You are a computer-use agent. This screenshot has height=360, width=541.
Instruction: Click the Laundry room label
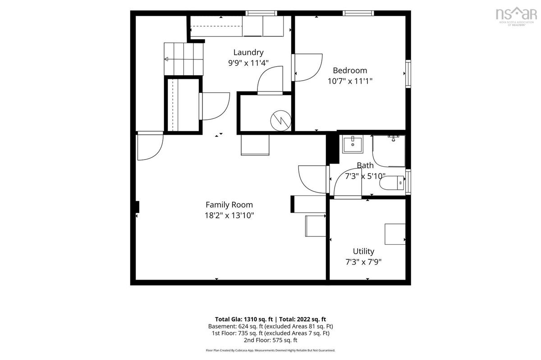pos(248,52)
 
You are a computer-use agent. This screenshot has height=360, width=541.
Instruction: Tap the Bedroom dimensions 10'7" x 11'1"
pos(350,81)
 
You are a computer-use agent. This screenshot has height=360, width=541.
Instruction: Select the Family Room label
pos(229,205)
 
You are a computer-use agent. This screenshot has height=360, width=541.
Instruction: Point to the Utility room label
pos(363,251)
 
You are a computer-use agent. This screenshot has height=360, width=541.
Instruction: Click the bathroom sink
pos(353,144)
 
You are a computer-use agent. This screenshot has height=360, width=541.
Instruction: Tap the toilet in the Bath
pos(392,183)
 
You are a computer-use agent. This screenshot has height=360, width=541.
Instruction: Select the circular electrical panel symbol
pos(280,120)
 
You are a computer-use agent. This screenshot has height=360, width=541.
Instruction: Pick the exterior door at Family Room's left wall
pos(150,146)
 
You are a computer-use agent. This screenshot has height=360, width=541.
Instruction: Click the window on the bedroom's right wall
pos(408,74)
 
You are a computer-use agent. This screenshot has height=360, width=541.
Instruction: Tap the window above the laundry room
pos(261,13)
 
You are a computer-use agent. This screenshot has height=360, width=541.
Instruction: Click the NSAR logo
pos(516,16)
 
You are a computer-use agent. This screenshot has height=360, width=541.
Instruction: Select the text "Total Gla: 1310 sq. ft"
pos(244,319)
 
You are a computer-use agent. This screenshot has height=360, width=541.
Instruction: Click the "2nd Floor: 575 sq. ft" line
pos(270,340)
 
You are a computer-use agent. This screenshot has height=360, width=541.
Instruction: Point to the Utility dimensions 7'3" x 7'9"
pos(363,262)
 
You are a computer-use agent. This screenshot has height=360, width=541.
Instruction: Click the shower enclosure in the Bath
pos(389,151)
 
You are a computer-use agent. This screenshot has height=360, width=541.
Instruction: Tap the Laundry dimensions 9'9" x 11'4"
pos(248,63)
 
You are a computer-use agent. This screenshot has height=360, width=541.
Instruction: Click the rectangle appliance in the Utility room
pos(395,234)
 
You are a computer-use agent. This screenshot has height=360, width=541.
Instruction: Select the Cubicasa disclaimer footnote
pos(270,351)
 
